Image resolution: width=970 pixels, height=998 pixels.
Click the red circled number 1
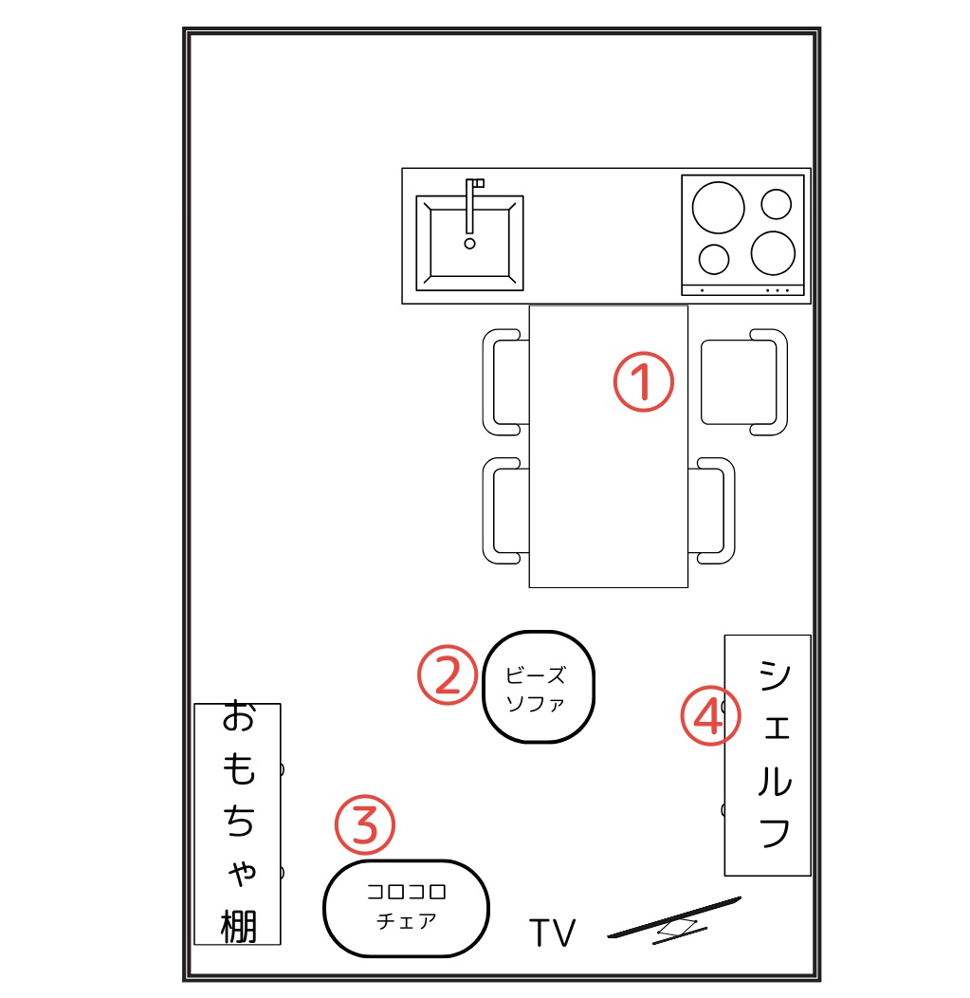point(643,381)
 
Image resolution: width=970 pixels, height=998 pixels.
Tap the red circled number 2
point(448,675)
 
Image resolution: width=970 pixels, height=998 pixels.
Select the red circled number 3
point(364,824)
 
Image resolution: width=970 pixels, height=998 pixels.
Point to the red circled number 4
point(710,715)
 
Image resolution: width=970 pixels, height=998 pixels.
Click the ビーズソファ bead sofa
point(539,687)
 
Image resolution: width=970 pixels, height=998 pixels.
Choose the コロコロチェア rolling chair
point(406,908)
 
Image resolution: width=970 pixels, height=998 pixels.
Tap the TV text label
point(552,933)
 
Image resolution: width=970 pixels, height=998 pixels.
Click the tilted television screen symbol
point(674,919)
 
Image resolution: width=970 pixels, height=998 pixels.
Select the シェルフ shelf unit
point(768,755)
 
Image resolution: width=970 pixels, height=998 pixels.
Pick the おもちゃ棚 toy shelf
point(237,823)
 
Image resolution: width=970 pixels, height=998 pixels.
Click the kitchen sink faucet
point(472,206)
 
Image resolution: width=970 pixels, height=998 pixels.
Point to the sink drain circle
point(470,243)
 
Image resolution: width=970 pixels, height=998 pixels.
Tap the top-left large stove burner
point(718,208)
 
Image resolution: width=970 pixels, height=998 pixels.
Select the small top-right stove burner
point(776,204)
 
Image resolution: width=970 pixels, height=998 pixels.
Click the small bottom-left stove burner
point(714,259)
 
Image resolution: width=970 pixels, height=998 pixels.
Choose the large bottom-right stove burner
point(773,252)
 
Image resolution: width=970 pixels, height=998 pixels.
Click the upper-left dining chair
point(505,382)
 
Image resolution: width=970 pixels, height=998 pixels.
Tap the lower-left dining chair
point(505,510)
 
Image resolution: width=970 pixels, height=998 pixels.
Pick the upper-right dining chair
point(744,382)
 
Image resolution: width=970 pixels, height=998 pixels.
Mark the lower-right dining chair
point(712,510)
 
